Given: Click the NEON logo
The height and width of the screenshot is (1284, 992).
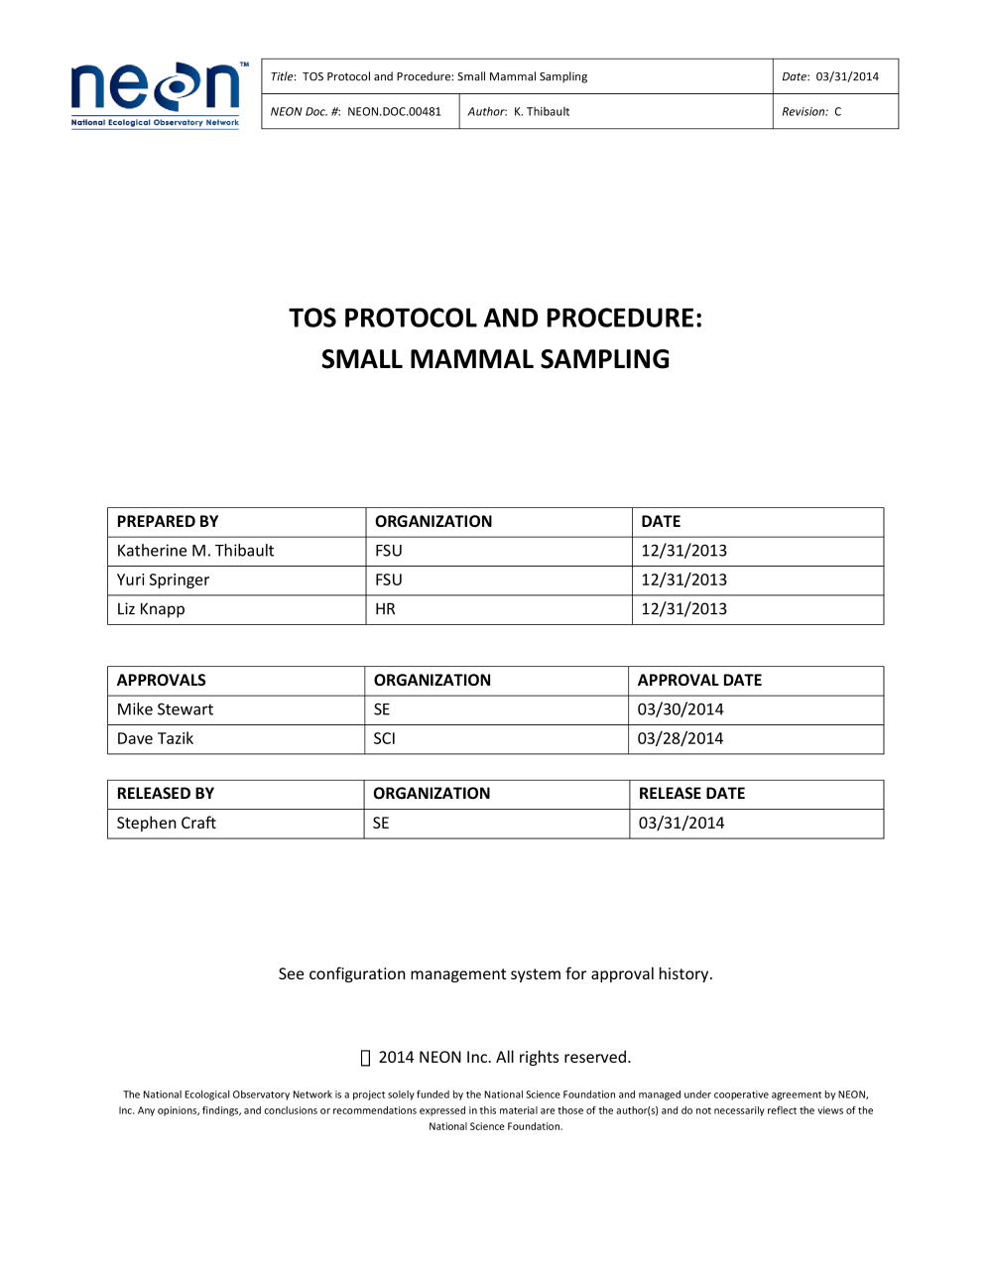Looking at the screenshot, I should coord(156,94).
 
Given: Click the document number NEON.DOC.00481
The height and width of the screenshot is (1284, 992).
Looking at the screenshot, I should coord(394,112).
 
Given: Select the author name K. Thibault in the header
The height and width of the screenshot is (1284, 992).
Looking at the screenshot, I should coord(542,112).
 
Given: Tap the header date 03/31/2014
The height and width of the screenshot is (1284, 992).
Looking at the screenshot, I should coord(847,76).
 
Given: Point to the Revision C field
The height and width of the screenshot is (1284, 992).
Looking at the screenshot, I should coord(811,112).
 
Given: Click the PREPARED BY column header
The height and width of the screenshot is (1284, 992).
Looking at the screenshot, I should coord(168,522).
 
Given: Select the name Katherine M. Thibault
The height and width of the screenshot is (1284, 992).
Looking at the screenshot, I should coord(195,551).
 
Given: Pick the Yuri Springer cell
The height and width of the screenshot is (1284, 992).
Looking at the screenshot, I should coord(164,580).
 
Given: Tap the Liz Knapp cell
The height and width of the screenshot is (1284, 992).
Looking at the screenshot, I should coord(151,609).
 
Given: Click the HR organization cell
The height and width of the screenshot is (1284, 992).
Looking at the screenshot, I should coord(385,609).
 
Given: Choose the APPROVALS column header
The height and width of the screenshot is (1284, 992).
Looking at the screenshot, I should coord(162,681).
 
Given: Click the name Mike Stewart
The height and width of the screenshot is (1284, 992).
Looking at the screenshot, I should coord(166,709).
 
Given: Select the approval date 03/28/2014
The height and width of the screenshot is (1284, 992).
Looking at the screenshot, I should coord(681,738).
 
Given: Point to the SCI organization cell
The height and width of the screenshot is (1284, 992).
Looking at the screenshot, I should coord(384,738).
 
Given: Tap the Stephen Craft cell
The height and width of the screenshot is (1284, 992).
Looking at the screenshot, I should coord(167,824).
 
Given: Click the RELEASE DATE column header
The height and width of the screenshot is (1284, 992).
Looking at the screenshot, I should coord(691,794).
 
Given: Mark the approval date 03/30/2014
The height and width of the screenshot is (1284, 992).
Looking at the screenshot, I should coord(681,709).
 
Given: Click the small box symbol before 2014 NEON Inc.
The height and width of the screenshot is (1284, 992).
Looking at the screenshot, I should coord(365,1058).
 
